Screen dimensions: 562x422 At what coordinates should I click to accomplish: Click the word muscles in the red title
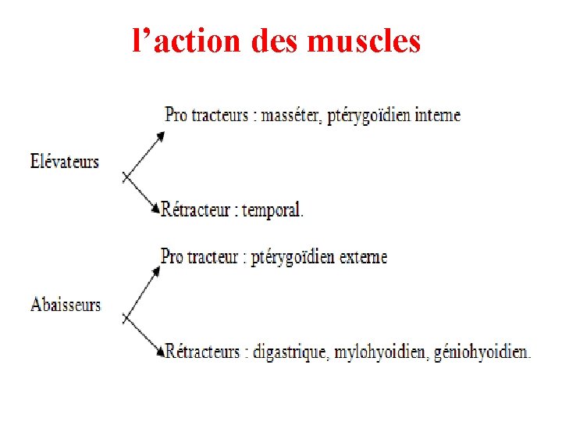pyautogui.click(x=364, y=41)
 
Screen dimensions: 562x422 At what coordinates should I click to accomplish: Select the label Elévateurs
pyautogui.click(x=65, y=162)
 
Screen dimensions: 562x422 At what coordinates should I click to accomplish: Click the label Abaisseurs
pyautogui.click(x=66, y=304)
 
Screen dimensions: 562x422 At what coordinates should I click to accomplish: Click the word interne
pyautogui.click(x=437, y=116)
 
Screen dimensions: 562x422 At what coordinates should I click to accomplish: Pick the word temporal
pyautogui.click(x=272, y=210)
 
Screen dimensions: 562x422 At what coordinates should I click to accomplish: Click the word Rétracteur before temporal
pyautogui.click(x=195, y=210)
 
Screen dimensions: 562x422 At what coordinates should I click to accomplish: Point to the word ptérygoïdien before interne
pyautogui.click(x=370, y=116)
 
